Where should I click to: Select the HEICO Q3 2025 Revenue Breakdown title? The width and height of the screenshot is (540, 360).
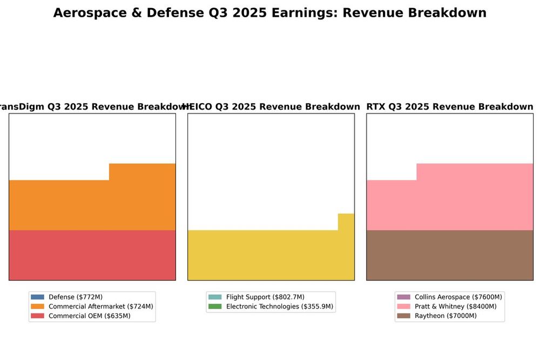(x=271, y=107)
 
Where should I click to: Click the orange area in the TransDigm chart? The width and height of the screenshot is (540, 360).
(x=92, y=205)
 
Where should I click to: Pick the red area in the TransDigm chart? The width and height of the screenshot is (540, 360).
(x=92, y=255)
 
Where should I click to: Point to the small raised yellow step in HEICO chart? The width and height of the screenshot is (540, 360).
(x=346, y=222)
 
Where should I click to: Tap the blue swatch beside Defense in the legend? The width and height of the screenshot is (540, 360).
(x=37, y=297)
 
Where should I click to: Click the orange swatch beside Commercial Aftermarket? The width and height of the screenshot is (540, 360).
(x=37, y=307)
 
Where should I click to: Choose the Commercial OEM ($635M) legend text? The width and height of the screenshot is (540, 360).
(x=90, y=316)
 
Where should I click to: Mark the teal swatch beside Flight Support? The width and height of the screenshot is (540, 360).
(x=215, y=297)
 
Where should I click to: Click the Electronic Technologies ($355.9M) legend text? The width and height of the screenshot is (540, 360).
(x=280, y=307)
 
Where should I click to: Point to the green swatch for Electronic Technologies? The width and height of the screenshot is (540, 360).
(x=215, y=307)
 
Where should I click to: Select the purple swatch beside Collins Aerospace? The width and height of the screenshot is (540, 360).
(x=403, y=297)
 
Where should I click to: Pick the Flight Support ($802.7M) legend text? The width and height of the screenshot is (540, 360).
(x=265, y=297)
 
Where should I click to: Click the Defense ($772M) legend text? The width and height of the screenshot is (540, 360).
(x=76, y=297)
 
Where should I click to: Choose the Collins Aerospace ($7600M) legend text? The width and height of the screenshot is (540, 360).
(x=458, y=297)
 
